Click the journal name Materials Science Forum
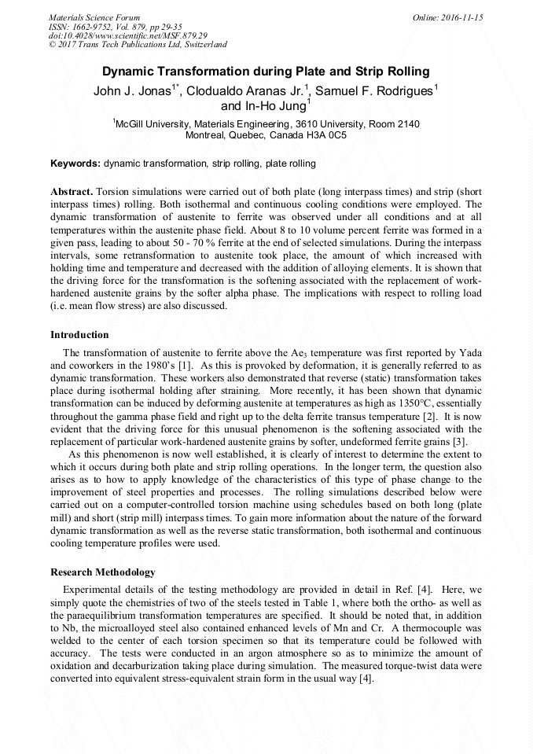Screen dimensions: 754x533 tap(94, 17)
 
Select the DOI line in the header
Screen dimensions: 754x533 tap(127, 35)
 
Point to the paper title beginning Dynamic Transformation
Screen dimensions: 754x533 tap(266, 72)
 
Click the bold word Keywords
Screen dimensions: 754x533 tap(75, 164)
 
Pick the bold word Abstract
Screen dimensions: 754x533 tap(72, 192)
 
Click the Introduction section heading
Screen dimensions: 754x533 tap(79, 335)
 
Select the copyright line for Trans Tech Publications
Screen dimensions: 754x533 tap(138, 45)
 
